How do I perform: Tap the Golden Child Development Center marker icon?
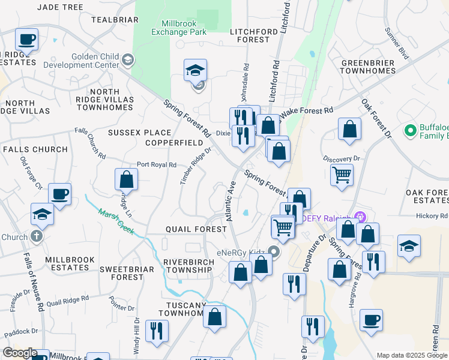[128, 59]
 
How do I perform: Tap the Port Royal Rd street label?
[156, 164]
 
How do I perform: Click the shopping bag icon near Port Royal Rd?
[126, 179]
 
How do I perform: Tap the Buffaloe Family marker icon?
[411, 130]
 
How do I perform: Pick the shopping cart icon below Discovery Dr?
[342, 175]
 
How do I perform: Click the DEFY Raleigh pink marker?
[360, 217]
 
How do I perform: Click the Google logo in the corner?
[19, 353]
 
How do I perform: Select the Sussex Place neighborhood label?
[139, 132]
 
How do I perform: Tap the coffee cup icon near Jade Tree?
[26, 40]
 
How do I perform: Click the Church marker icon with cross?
[36, 236]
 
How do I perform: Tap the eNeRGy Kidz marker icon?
[274, 251]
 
